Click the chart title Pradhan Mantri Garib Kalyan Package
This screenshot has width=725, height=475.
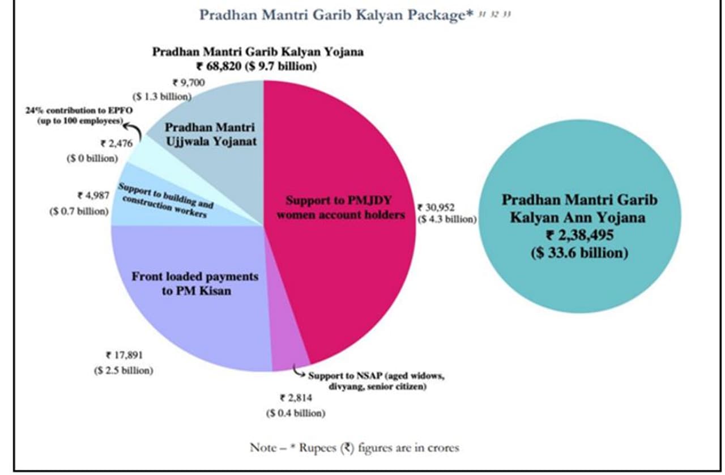pyautogui.click(x=336, y=15)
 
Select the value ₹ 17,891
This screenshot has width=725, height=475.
pyautogui.click(x=125, y=356)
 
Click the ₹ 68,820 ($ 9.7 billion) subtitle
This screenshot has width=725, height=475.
pyautogui.click(x=257, y=66)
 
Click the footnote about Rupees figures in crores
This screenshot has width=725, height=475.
pyautogui.click(x=355, y=448)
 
